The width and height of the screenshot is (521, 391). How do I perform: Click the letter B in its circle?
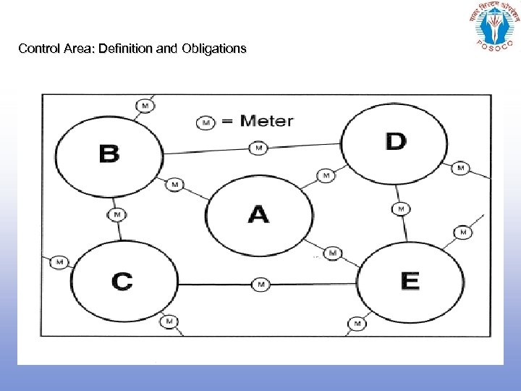click(x=109, y=154)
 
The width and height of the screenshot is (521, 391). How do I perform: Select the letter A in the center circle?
click(x=258, y=214)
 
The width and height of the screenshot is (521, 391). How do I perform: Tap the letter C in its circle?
click(x=122, y=281)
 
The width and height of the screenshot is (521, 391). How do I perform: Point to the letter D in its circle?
click(x=396, y=141)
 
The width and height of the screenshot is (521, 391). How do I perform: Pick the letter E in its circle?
click(x=410, y=280)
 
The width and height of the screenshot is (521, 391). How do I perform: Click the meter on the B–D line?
click(x=258, y=148)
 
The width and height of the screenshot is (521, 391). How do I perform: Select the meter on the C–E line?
click(x=260, y=285)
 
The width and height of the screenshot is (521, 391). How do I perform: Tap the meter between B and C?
click(x=117, y=214)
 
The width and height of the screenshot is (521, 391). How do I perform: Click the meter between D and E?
click(x=400, y=209)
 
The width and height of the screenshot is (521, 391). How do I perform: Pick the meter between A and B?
click(x=174, y=185)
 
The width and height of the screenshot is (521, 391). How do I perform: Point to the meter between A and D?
click(x=326, y=175)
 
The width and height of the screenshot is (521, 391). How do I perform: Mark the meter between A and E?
click(x=332, y=253)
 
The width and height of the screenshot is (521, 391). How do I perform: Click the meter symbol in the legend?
click(x=206, y=122)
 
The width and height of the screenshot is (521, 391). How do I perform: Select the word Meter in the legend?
click(x=267, y=121)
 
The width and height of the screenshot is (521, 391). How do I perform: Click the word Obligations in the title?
click(x=215, y=49)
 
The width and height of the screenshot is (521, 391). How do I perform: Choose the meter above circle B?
click(x=145, y=106)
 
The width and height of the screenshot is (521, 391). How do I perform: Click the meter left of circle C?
click(x=59, y=262)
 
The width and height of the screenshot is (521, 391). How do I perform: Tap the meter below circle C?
click(x=169, y=321)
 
